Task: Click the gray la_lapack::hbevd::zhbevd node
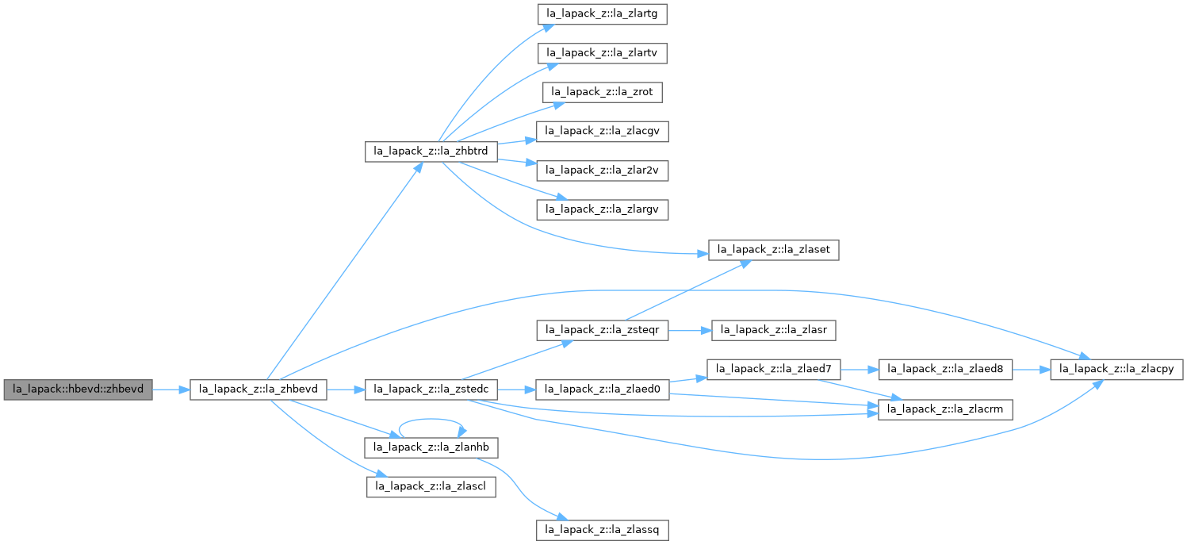click(x=78, y=390)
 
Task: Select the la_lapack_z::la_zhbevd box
click(x=258, y=390)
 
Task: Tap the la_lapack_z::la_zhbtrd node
click(x=431, y=151)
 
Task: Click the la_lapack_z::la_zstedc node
click(x=431, y=390)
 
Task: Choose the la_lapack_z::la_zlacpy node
click(x=1118, y=369)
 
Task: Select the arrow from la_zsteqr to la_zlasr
click(x=691, y=328)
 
